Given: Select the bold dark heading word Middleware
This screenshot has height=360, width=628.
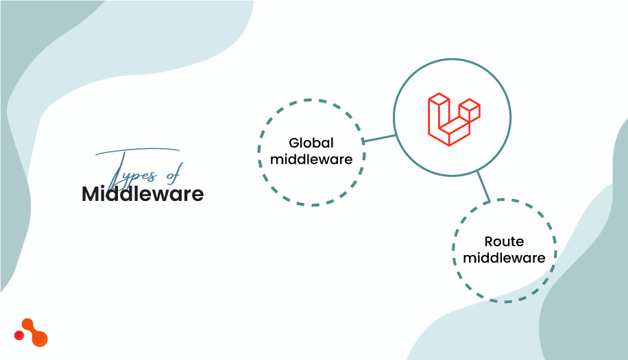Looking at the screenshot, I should pos(143,194).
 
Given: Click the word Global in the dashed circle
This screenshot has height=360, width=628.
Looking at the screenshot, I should pos(311,143).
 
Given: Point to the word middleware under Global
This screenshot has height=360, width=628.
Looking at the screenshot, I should pos(311,160).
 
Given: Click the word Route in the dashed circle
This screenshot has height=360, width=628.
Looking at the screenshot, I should pos(504,241).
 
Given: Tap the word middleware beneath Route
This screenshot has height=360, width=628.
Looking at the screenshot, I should pos(504,259).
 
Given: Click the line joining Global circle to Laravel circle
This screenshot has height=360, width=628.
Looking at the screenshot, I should pos(380,139).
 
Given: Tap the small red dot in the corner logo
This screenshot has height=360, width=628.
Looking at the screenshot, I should pos(19,336).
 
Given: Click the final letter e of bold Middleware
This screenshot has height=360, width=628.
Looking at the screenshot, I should pos(198,195).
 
